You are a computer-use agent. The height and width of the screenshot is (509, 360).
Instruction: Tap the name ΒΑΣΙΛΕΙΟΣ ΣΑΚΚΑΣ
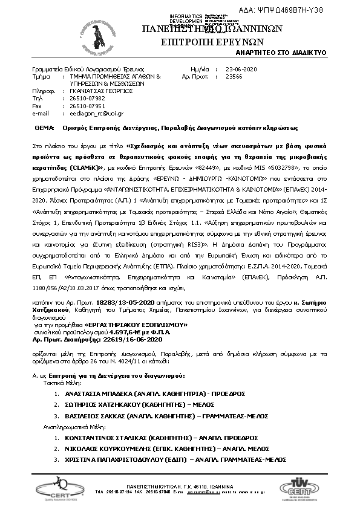(93, 416)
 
